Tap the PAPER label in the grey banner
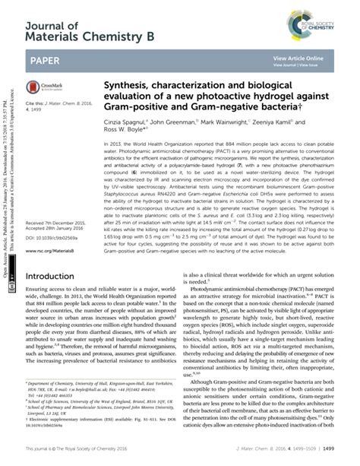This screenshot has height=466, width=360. point(47,59)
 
